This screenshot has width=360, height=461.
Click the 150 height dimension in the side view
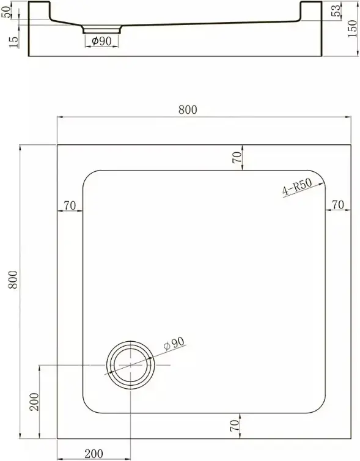pyautogui.click(x=352, y=28)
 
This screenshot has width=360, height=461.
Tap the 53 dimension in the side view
pyautogui.click(x=337, y=10)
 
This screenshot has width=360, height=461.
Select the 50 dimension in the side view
pyautogui.click(x=6, y=12)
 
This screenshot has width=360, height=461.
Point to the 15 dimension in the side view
pyautogui.click(x=13, y=42)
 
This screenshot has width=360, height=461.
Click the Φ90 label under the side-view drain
pyautogui.click(x=101, y=41)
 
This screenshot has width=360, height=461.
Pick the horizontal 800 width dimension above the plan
pyautogui.click(x=188, y=109)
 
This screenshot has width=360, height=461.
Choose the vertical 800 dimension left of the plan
pyautogui.click(x=13, y=279)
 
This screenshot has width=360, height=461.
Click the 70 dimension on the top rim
pyautogui.click(x=237, y=157)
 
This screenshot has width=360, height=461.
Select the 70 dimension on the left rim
pyautogui.click(x=70, y=205)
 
